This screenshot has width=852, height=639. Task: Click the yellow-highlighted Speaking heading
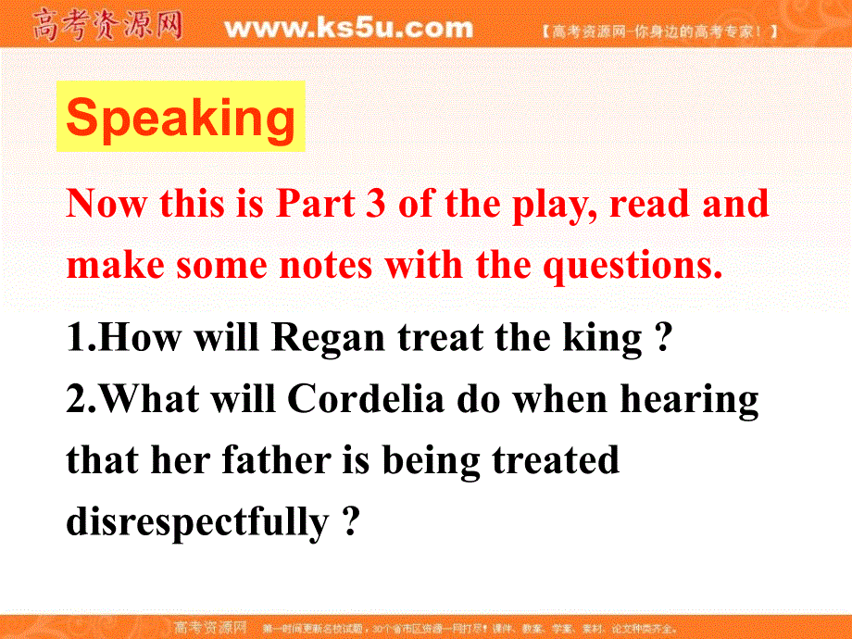tap(181, 117)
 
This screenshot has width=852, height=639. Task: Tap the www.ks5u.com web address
tap(348, 29)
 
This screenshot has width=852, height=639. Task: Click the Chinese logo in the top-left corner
tap(107, 25)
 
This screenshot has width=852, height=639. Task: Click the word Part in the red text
tap(317, 204)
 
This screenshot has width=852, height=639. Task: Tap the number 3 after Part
tap(375, 204)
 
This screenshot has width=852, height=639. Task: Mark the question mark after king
tap(661, 339)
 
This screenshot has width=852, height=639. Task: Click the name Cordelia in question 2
tap(361, 399)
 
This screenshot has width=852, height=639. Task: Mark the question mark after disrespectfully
tap(349, 521)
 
